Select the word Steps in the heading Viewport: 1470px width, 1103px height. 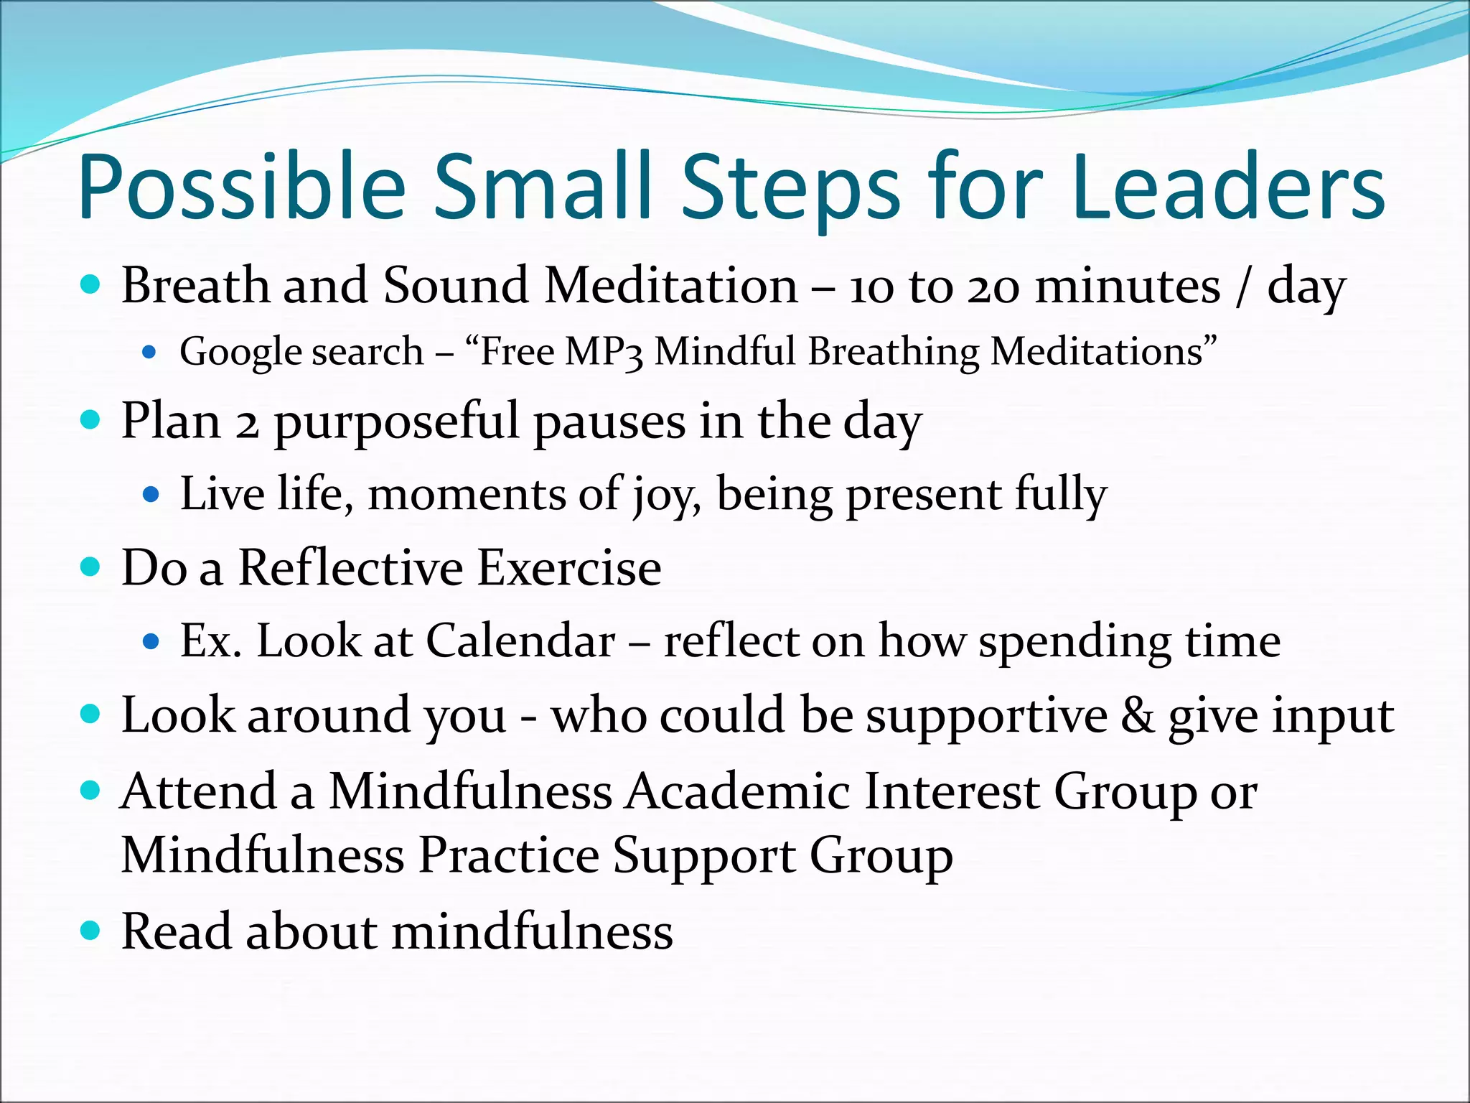pyautogui.click(x=790, y=188)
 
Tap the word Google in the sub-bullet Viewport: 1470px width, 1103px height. pyautogui.click(x=240, y=353)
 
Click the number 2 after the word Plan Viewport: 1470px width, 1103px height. pyautogui.click(x=247, y=423)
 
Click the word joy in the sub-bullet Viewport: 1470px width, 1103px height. pyautogui.click(x=666, y=495)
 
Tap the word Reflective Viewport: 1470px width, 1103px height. pyautogui.click(x=350, y=568)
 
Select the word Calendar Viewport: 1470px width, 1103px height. pyautogui.click(x=520, y=641)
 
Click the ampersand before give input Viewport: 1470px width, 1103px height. pyautogui.click(x=1137, y=715)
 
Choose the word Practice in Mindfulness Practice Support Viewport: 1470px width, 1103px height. pyautogui.click(x=508, y=855)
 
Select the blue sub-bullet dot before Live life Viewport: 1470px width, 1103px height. pyautogui.click(x=150, y=495)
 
